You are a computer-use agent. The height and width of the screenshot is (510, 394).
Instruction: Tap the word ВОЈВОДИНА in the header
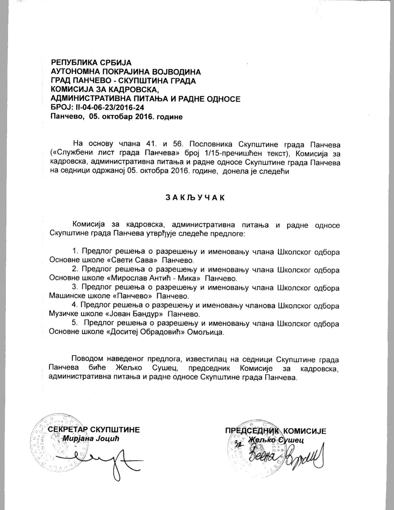pyautogui.click(x=175, y=72)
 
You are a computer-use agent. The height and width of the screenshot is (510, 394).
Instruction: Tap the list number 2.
pyautogui.click(x=74, y=270)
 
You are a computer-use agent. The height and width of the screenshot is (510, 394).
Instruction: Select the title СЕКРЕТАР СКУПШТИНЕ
pyautogui.click(x=94, y=430)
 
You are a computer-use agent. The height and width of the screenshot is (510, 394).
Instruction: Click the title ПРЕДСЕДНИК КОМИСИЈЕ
pyautogui.click(x=275, y=431)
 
